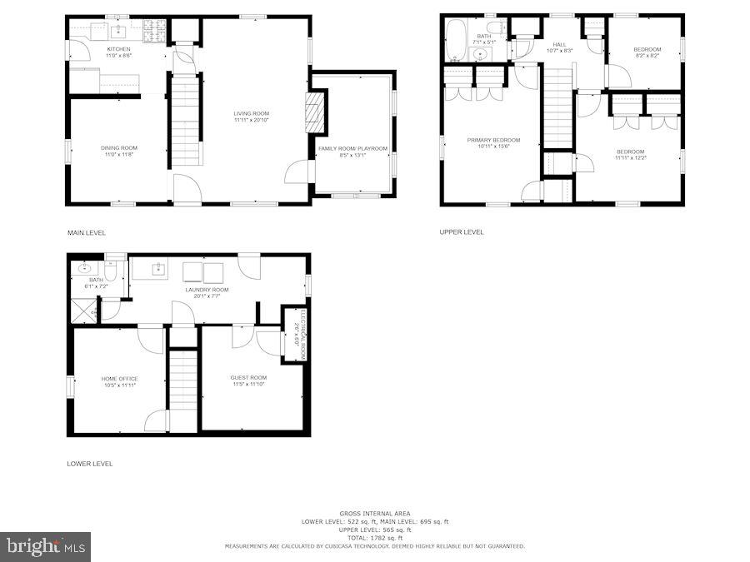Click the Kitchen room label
pyautogui.click(x=118, y=49)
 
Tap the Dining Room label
pyautogui.click(x=118, y=148)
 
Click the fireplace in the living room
pyautogui.click(x=315, y=112)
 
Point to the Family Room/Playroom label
pyautogui.click(x=352, y=148)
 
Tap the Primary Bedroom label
pyautogui.click(x=493, y=140)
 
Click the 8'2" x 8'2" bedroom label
pyautogui.click(x=647, y=50)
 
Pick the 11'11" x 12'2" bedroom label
pyautogui.click(x=630, y=152)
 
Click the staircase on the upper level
pyautogui.click(x=558, y=107)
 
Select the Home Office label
pyautogui.click(x=120, y=379)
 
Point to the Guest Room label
pyautogui.click(x=248, y=378)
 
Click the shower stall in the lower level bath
pyautogui.click(x=84, y=310)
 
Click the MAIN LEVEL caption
pyautogui.click(x=87, y=232)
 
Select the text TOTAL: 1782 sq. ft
pyautogui.click(x=374, y=538)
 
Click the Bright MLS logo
pyautogui.click(x=47, y=547)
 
